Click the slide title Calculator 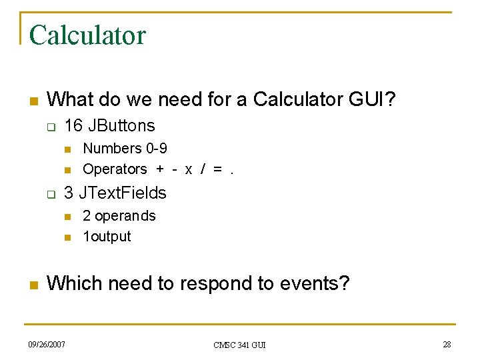coord(87,35)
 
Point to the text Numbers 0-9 coord(125,148)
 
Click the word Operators coord(115,169)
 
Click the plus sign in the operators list coord(160,169)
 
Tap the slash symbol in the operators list coord(203,170)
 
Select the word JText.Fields coord(123,193)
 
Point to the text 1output coord(107,236)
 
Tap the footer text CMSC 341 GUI coord(239,345)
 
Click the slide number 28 coord(446,344)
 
